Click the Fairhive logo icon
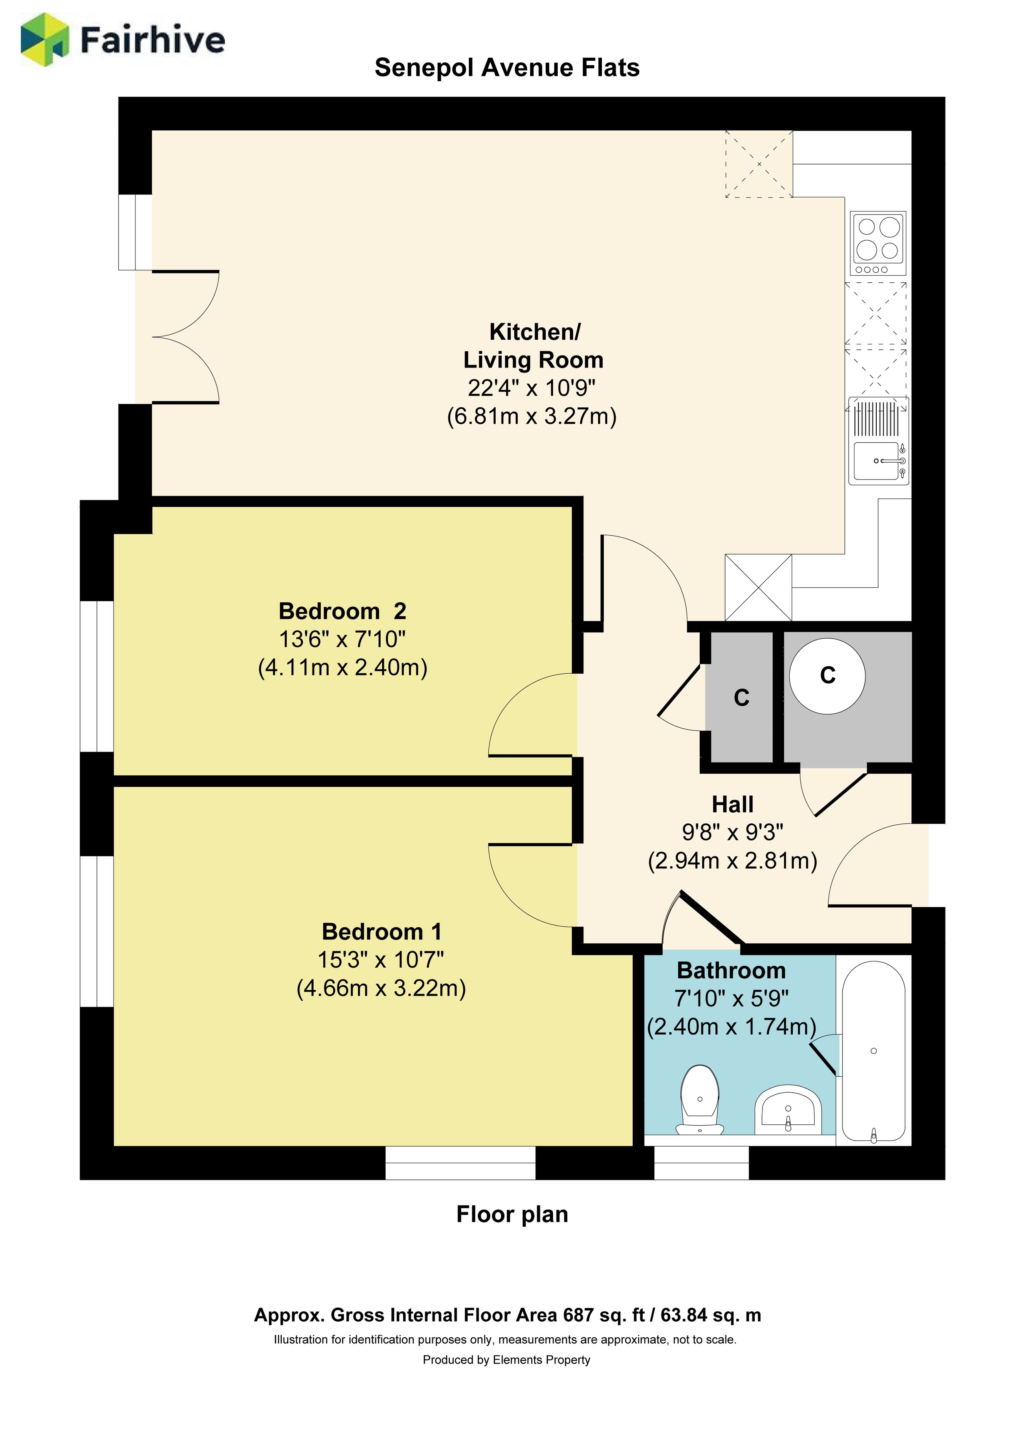[x=45, y=40]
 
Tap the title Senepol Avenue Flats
[x=507, y=68]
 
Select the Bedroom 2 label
[x=342, y=610]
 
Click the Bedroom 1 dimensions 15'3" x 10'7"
[x=381, y=959]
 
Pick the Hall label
[x=732, y=804]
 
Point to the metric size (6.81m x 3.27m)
[x=532, y=416]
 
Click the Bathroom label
[x=731, y=970]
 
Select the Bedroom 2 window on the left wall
[x=97, y=676]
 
